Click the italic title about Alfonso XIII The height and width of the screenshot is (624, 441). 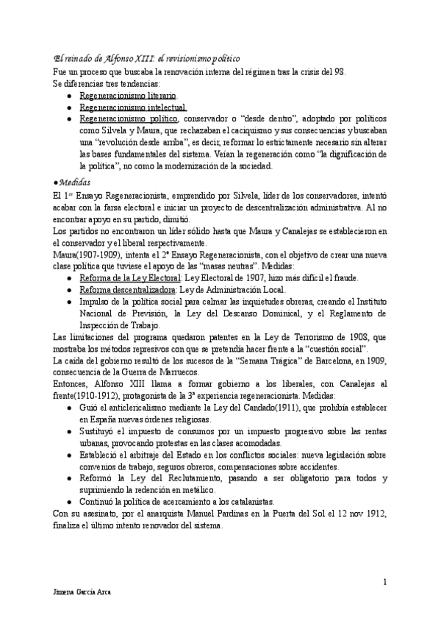click(147, 58)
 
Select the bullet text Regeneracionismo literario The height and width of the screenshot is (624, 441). click(127, 96)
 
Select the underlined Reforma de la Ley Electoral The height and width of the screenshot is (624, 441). click(129, 277)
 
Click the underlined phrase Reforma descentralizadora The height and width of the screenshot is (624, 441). click(122, 289)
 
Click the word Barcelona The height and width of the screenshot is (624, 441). click(317, 361)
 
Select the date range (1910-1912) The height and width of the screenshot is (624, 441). click(104, 397)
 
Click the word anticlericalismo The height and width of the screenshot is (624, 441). click(132, 409)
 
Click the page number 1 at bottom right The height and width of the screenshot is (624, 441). click(385, 583)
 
